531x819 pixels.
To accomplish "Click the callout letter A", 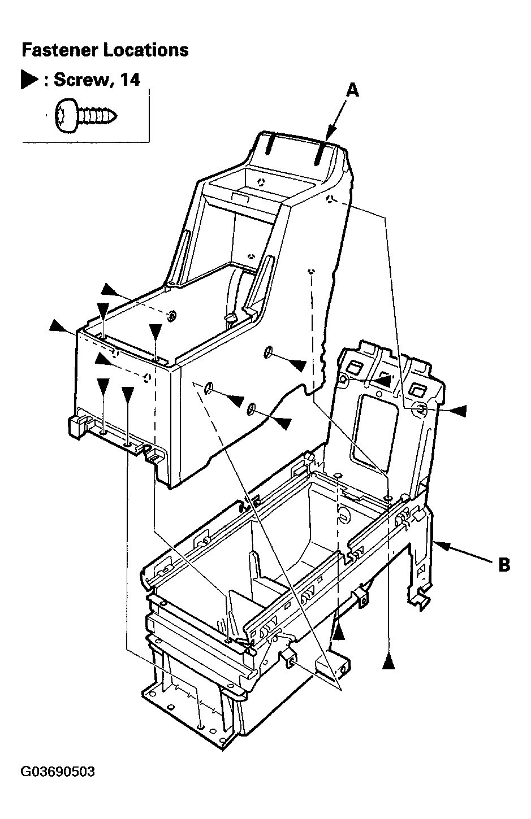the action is click(352, 90).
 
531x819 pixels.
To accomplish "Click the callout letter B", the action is click(504, 565).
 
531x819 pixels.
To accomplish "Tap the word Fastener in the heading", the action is click(61, 50).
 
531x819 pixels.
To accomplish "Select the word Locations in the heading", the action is click(146, 50).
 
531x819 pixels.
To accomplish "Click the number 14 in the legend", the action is click(130, 79).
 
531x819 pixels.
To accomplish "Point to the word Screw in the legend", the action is click(81, 80).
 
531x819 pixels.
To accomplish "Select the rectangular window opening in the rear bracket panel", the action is click(374, 432).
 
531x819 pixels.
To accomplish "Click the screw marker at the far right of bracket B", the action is click(458, 411).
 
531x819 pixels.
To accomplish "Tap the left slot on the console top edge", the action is click(269, 145).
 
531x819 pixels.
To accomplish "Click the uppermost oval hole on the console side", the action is click(268, 351).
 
